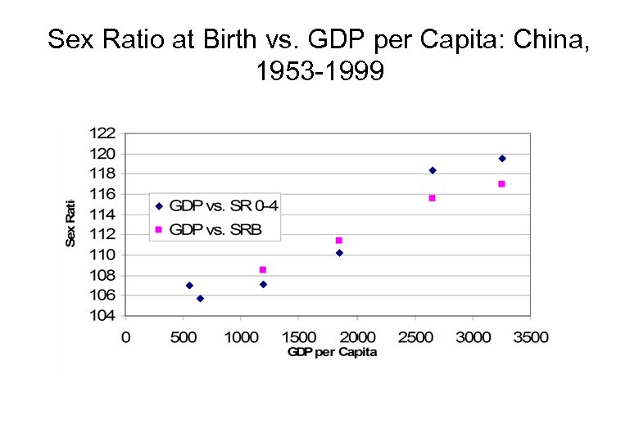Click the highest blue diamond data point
[x=502, y=158]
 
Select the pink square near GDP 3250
[x=501, y=184]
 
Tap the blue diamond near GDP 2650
[x=433, y=170]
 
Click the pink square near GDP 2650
[x=432, y=198]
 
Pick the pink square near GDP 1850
[x=338, y=241]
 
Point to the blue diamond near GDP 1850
[x=339, y=253]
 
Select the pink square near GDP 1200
[x=262, y=269]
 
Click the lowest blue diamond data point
[x=200, y=299]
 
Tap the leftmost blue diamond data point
[x=189, y=286]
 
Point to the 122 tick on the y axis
[x=102, y=133]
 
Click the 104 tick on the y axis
[x=102, y=315]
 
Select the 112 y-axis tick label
[x=102, y=234]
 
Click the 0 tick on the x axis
[x=125, y=336]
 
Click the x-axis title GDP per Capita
[x=332, y=352]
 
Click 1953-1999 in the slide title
[x=319, y=72]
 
